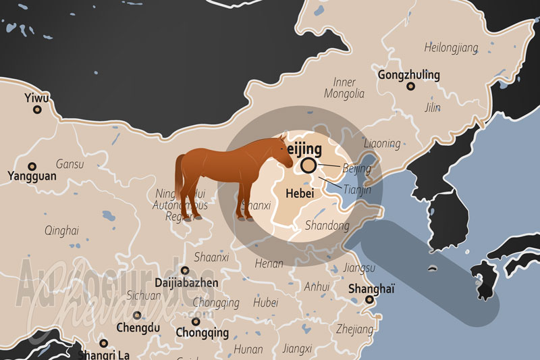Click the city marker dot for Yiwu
pyautogui.click(x=37, y=109)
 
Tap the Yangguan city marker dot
pyautogui.click(x=31, y=166)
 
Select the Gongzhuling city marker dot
pyautogui.click(x=409, y=86)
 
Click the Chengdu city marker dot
pyautogui.click(x=137, y=315)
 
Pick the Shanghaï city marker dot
pyautogui.click(x=370, y=299)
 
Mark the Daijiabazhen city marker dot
pyautogui.click(x=185, y=270)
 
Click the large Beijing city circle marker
pyautogui.click(x=308, y=165)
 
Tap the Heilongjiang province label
pyautogui.click(x=451, y=48)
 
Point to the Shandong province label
pyautogui.click(x=327, y=226)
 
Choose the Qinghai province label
pyautogui.click(x=61, y=230)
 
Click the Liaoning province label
pyautogui.click(x=381, y=144)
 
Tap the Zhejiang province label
pyautogui.click(x=354, y=330)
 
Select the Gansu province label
pyautogui.click(x=70, y=164)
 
